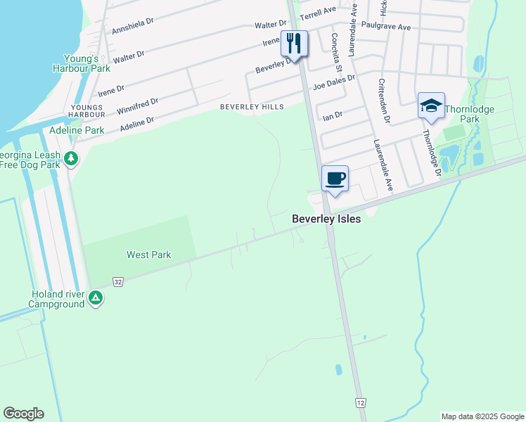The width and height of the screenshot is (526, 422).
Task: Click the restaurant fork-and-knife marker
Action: click(294, 44)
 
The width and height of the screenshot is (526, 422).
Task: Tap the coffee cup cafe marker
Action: click(335, 178)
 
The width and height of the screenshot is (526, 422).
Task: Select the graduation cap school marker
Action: click(430, 105)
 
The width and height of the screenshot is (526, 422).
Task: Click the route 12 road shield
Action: click(360, 402)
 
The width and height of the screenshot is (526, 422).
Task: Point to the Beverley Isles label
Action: click(326, 219)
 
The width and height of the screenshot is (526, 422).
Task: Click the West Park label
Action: click(149, 255)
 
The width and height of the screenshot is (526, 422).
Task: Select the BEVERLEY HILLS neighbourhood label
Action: click(252, 107)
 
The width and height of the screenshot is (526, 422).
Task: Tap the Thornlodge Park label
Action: click(470, 114)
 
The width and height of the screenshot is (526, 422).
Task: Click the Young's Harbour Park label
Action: click(81, 64)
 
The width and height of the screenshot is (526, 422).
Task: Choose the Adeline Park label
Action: click(77, 130)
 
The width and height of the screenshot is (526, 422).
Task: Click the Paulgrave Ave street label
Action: click(385, 26)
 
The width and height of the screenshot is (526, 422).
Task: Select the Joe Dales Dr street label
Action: click(335, 82)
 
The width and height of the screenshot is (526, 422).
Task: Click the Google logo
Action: click(23, 414)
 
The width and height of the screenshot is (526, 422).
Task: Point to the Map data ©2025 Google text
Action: click(482, 416)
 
